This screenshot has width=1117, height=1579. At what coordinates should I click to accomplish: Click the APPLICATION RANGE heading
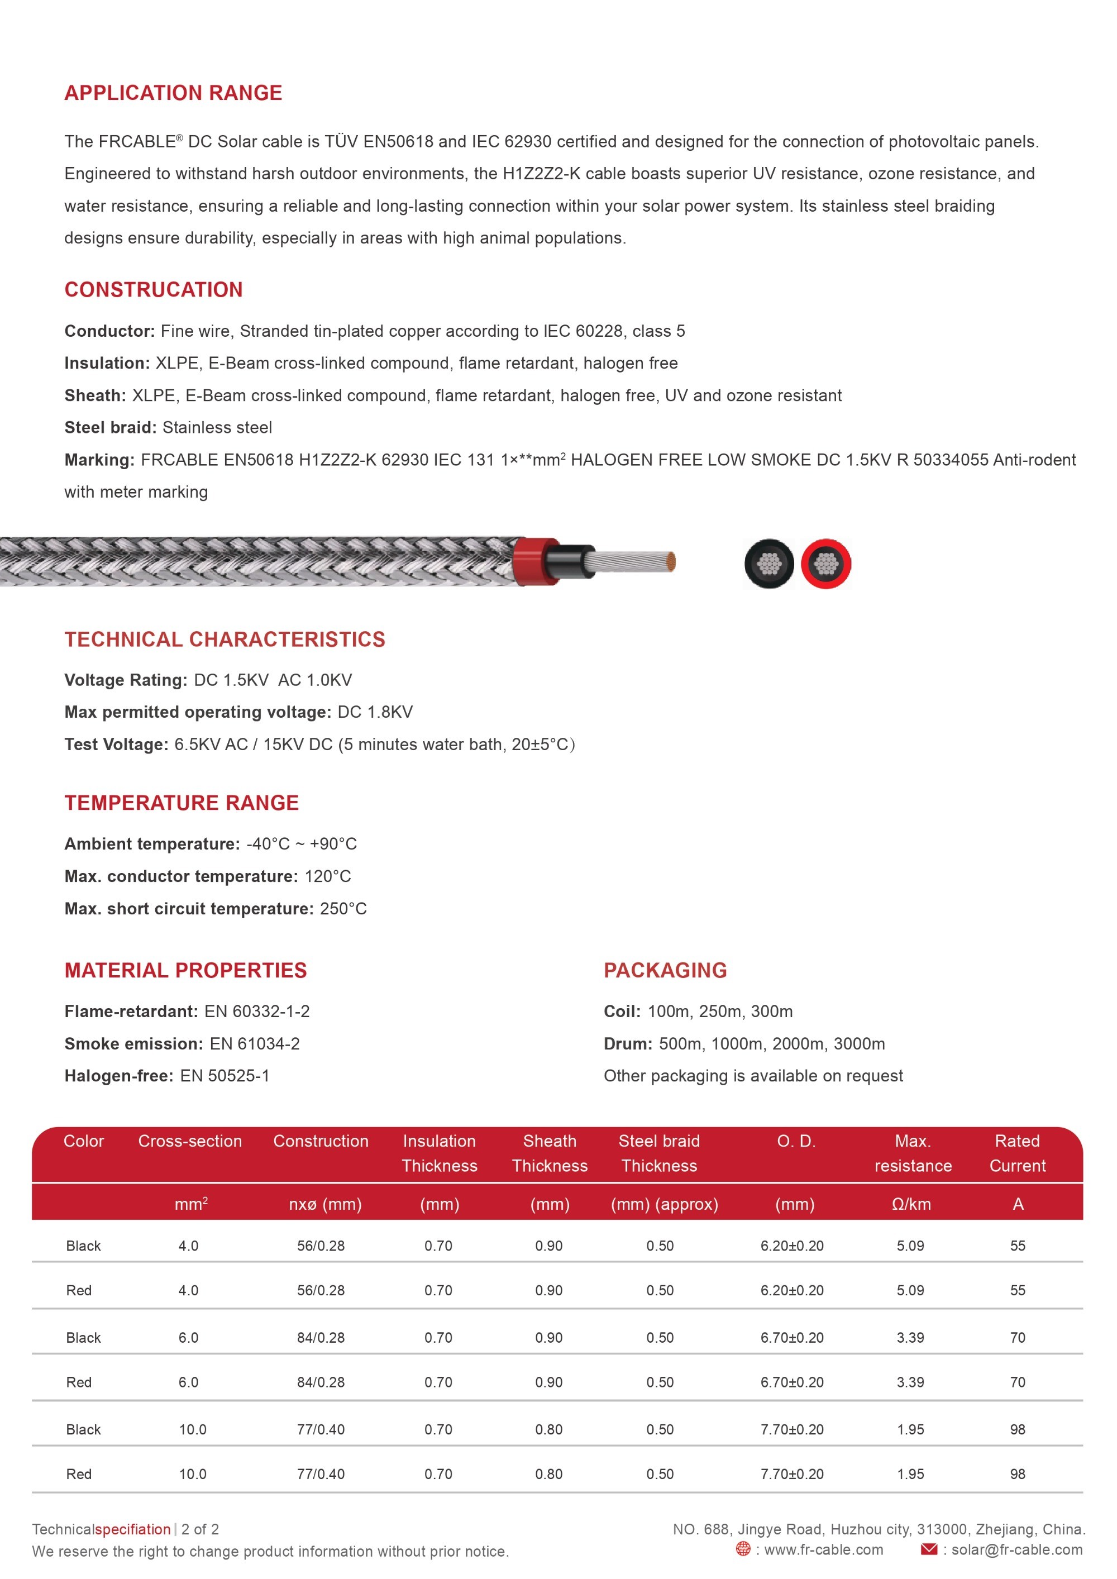click(173, 93)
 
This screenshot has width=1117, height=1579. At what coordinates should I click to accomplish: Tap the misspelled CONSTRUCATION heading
click(154, 289)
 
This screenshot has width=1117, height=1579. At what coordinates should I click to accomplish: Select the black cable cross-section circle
click(769, 564)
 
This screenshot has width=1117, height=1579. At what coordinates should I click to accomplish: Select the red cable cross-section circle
click(826, 564)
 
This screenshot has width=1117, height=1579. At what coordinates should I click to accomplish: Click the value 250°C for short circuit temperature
click(343, 909)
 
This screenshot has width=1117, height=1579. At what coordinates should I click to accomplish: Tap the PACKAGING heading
click(665, 970)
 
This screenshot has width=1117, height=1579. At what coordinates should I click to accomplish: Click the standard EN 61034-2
click(255, 1043)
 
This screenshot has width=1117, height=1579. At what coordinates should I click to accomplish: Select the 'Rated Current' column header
click(1017, 1153)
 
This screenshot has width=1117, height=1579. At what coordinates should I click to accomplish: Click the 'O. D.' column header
click(796, 1141)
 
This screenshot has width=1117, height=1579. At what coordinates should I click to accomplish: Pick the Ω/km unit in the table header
click(911, 1204)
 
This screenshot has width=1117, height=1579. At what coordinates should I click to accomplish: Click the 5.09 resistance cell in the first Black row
click(910, 1246)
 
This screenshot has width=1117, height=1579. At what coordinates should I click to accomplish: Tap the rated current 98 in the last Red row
click(1017, 1474)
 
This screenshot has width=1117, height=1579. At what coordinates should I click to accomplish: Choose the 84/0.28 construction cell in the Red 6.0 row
click(321, 1382)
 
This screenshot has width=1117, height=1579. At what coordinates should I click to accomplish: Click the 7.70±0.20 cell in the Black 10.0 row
click(791, 1429)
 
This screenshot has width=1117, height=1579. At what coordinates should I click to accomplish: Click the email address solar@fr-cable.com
click(1016, 1549)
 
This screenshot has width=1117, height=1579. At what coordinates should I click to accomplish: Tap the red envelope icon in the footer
click(929, 1549)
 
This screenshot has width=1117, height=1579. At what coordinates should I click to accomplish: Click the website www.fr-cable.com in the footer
click(823, 1549)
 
